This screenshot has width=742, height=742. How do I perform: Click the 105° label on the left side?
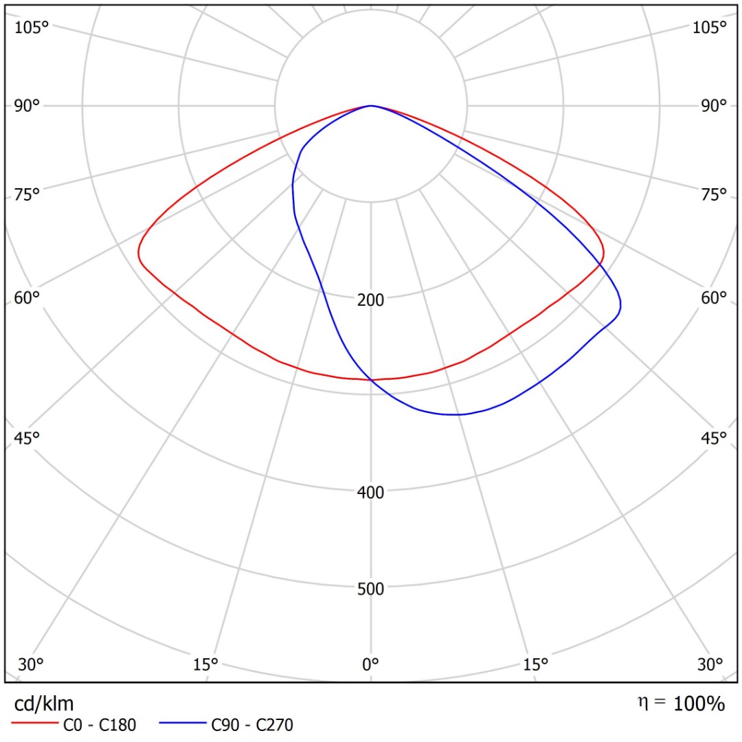33,27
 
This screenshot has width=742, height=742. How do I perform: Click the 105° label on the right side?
710,27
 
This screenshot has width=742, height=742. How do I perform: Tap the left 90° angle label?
27,105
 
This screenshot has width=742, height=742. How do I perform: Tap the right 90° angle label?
713,105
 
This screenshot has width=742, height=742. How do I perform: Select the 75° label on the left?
27,195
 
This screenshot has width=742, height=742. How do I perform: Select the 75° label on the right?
713,195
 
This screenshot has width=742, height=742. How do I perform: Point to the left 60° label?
27,297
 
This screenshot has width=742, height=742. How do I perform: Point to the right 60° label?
713,297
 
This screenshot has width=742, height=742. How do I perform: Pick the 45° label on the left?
27,438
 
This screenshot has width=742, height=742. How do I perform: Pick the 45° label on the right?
713,438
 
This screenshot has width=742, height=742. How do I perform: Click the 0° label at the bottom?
371,664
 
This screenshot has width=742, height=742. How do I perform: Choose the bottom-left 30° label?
31,664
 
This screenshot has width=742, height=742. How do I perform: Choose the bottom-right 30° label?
710,664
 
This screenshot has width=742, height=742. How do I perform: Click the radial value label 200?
371,300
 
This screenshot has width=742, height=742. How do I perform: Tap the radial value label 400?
371,492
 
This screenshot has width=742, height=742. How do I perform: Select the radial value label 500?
371,588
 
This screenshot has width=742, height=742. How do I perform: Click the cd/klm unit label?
44,704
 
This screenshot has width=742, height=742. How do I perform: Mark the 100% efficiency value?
699,704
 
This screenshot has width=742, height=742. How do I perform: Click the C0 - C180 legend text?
100,724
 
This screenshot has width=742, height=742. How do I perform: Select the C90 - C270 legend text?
252,724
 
